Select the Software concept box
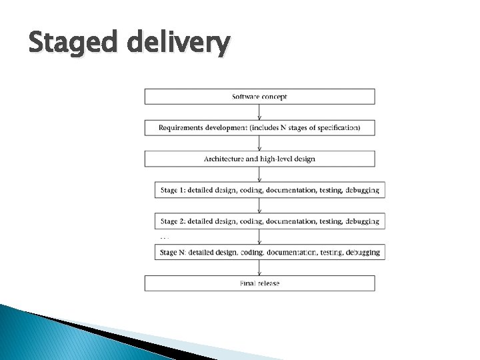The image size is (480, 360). (x=259, y=97)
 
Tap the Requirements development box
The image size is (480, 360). (x=259, y=127)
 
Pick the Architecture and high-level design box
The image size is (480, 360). (x=259, y=159)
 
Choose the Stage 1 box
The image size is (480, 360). (x=269, y=190)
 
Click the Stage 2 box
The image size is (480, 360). (x=269, y=221)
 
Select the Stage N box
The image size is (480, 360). (x=269, y=252)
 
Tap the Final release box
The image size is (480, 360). (x=259, y=283)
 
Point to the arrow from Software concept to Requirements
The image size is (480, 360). (x=259, y=112)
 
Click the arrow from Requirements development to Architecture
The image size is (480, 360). (x=259, y=143)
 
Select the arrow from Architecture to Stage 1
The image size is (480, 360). (x=259, y=174)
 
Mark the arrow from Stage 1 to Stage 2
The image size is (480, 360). (x=259, y=205)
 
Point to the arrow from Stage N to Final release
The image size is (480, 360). (x=259, y=267)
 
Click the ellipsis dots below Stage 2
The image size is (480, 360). (x=164, y=237)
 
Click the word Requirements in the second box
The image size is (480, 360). (x=180, y=127)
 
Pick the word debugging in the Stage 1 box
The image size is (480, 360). (x=363, y=190)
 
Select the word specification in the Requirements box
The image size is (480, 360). (x=337, y=127)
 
